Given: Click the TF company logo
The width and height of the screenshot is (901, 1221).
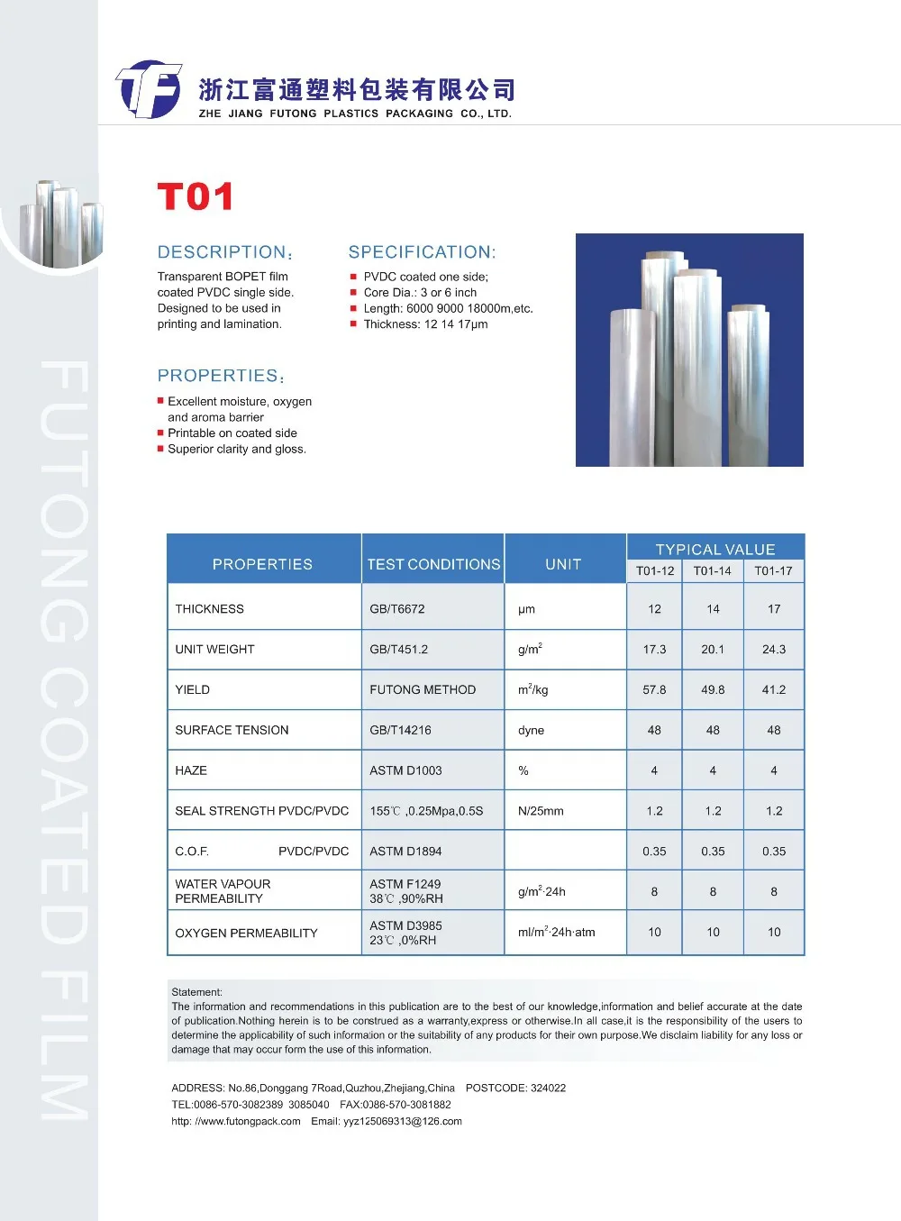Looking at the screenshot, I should (x=149, y=89).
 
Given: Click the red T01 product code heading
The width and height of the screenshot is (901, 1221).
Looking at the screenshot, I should (x=196, y=196).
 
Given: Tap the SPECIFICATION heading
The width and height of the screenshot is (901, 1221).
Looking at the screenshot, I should (x=422, y=252).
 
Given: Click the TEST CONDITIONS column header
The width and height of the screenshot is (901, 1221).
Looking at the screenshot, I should (x=433, y=564).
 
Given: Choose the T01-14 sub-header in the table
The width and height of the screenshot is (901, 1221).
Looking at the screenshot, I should (x=712, y=570).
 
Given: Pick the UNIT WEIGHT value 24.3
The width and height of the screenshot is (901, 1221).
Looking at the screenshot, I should (x=773, y=649).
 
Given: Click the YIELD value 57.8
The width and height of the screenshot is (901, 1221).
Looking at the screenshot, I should (x=654, y=689).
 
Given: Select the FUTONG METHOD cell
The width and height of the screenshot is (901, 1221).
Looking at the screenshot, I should (x=423, y=689).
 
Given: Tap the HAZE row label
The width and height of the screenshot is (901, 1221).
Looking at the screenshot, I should (x=191, y=770).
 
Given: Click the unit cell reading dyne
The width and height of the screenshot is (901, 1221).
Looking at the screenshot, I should (x=531, y=730).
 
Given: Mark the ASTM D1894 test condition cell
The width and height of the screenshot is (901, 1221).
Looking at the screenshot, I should (x=405, y=851).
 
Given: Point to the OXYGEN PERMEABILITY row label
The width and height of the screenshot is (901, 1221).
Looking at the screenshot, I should (x=246, y=933).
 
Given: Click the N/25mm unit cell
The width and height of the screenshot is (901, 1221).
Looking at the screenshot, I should (x=541, y=811).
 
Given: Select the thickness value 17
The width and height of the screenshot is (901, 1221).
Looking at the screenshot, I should (x=773, y=609).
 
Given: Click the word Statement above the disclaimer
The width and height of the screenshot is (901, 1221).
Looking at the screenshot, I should (x=196, y=992).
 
